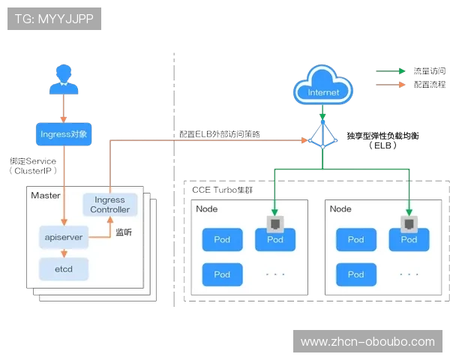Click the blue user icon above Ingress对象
[x=63, y=79]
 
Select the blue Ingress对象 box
[x=64, y=134]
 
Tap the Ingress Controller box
[x=110, y=205]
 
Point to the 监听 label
[x=124, y=232]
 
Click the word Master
[x=45, y=196]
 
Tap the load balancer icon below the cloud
[x=322, y=136]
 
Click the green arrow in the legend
[x=389, y=72]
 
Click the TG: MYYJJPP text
[x=53, y=19]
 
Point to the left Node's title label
[x=206, y=209]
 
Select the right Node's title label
[x=340, y=209]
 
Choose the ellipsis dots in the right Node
[x=409, y=274]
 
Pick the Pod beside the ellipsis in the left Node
[x=222, y=274]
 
